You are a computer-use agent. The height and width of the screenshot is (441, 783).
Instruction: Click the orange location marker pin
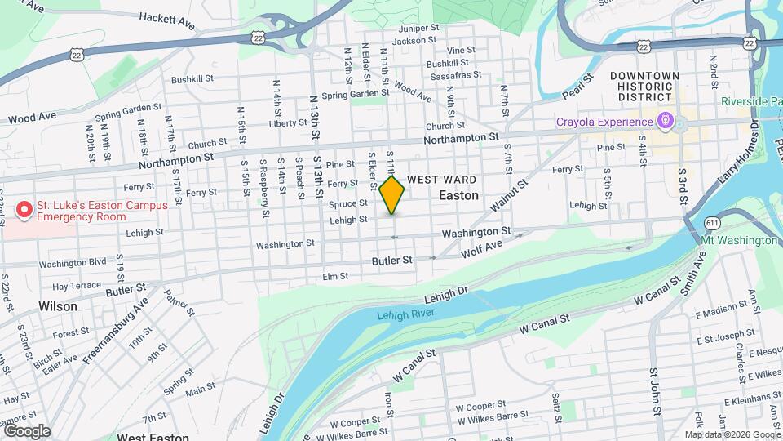tap(392, 195)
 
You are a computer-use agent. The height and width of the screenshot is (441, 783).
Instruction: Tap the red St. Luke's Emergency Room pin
tap(24, 211)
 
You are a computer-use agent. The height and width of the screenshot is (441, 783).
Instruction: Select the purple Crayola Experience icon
tap(666, 122)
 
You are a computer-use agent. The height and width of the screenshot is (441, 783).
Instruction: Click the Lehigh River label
tap(406, 314)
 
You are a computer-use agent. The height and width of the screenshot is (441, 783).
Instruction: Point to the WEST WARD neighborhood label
tap(441, 180)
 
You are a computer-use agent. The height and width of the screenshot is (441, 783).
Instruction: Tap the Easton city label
tap(458, 196)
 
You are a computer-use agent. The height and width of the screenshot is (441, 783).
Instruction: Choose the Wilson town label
tap(58, 306)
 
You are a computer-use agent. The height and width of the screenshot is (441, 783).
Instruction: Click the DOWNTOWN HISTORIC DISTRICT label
tap(644, 86)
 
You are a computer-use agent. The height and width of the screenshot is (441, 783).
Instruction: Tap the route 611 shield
tap(714, 222)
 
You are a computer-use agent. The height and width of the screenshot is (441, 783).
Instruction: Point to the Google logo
tap(27, 430)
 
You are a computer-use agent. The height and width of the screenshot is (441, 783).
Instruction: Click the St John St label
tap(653, 394)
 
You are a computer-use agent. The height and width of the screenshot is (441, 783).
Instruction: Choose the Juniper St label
tap(420, 28)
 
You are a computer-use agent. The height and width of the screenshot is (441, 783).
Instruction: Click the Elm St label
tap(336, 277)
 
